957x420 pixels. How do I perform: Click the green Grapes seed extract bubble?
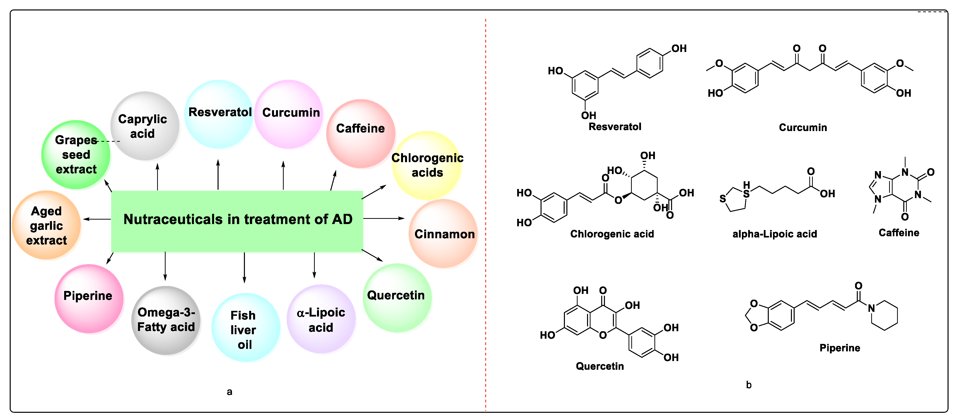coord(76,155)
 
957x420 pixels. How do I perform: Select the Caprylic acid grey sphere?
coord(144,126)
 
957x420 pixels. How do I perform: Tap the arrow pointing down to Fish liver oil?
coord(244,268)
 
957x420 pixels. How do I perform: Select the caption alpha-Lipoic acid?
coord(774,234)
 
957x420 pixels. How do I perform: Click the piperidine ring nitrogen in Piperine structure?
coord(871,308)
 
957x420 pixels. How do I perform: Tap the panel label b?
coord(749,385)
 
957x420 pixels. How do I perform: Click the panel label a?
coord(229,391)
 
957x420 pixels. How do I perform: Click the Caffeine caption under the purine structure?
coord(898,233)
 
